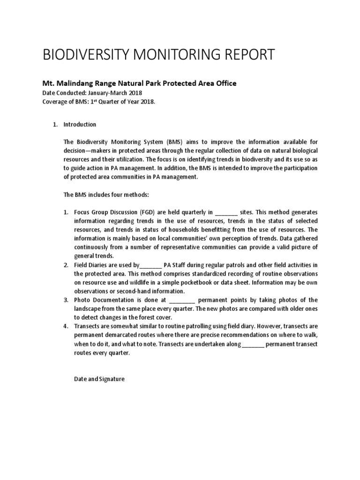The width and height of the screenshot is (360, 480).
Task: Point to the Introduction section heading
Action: tap(80, 124)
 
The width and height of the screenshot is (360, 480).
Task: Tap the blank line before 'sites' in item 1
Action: tap(226, 212)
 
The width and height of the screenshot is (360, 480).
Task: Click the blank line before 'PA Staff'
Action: tap(150, 265)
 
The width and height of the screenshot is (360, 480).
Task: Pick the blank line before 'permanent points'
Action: tap(181, 300)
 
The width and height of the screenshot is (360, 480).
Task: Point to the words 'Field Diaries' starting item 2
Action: tap(89, 265)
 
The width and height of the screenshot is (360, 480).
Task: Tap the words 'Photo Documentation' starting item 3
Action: tap(100, 300)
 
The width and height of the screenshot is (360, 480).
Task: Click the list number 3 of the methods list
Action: tap(66, 300)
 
